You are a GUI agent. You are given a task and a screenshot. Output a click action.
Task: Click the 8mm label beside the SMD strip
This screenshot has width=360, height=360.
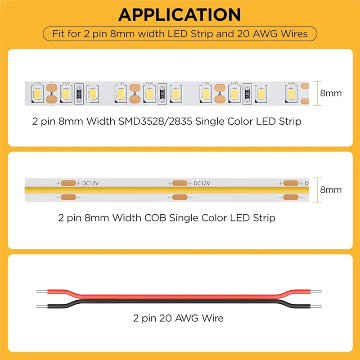point(331,94)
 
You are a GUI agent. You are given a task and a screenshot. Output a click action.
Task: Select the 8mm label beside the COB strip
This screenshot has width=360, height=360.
point(331,189)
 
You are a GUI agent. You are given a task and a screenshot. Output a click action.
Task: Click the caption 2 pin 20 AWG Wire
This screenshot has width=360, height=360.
point(178,318)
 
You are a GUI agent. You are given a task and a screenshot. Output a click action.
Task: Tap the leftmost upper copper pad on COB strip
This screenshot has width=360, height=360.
point(68,183)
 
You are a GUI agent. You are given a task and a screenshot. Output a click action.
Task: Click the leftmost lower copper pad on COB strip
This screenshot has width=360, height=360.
point(68,197)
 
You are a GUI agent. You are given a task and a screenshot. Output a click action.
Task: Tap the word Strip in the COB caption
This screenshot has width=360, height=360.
point(262,218)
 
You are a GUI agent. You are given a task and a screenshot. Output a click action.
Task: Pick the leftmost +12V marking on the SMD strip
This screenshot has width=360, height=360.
point(38,83)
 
